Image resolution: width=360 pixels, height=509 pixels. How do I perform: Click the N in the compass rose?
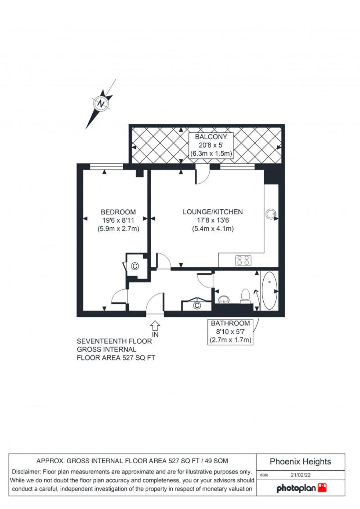[102, 104]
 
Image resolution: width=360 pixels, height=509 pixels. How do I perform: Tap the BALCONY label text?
[211, 137]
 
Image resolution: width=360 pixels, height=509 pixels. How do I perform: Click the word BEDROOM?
[118, 212]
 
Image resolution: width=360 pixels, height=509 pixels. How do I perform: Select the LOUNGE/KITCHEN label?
[212, 212]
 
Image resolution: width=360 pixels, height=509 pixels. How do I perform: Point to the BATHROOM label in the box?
[230, 323]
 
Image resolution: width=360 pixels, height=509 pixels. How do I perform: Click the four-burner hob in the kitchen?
[243, 260]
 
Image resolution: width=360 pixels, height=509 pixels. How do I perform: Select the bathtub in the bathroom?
[270, 291]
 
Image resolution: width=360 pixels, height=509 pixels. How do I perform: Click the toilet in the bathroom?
[246, 296]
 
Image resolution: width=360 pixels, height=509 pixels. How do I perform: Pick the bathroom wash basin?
[224, 299]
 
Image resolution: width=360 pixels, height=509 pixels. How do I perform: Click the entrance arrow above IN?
[155, 325]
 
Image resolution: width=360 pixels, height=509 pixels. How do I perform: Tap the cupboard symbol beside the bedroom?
[135, 266]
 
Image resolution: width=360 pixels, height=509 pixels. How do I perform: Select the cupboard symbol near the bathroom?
[197, 306]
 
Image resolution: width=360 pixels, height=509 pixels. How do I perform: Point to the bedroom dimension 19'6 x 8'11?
[118, 221]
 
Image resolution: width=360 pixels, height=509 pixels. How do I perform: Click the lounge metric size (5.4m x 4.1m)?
[212, 229]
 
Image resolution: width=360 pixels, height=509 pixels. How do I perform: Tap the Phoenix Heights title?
[300, 462]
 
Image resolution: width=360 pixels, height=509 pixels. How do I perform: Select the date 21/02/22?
[301, 475]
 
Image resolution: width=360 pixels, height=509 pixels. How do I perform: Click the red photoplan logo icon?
[322, 488]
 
